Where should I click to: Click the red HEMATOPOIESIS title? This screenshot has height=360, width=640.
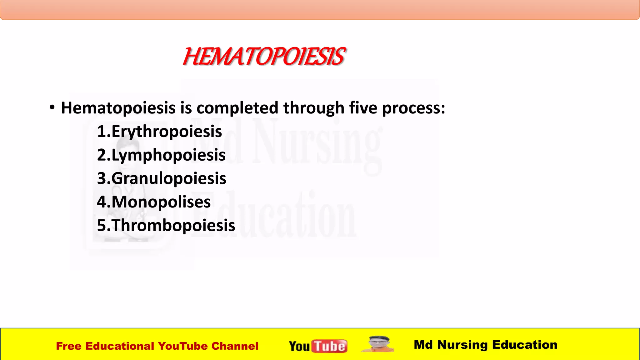click(264, 57)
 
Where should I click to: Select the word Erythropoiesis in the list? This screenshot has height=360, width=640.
click(167, 131)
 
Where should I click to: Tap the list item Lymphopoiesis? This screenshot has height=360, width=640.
click(168, 155)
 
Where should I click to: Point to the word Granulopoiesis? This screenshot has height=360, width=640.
click(169, 178)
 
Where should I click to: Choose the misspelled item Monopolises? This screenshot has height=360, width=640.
click(161, 202)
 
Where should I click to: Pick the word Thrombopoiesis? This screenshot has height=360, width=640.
click(173, 225)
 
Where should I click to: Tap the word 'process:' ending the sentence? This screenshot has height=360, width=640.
click(414, 108)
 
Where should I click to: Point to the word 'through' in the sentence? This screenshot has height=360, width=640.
click(314, 108)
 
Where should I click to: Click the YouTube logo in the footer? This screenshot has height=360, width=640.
click(318, 346)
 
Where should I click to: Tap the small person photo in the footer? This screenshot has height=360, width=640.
click(378, 344)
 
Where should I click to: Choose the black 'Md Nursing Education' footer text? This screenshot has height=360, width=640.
click(485, 345)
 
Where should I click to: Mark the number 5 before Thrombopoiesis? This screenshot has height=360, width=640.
click(102, 225)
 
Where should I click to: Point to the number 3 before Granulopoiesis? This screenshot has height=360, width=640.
click(102, 178)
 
